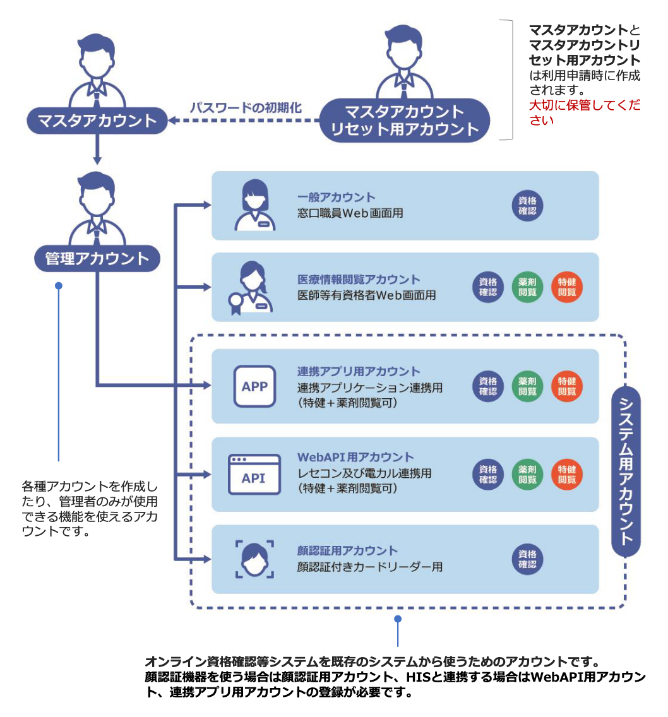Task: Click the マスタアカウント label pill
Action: click(x=97, y=120)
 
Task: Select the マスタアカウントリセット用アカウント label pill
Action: click(x=405, y=121)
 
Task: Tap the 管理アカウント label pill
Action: click(x=97, y=258)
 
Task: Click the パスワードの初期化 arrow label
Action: click(x=246, y=107)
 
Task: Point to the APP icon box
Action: click(x=254, y=386)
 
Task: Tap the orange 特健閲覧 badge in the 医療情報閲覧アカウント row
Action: click(x=567, y=288)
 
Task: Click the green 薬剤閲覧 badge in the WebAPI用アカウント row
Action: click(x=527, y=474)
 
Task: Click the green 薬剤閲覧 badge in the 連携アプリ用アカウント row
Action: click(x=527, y=386)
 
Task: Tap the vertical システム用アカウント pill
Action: click(x=626, y=471)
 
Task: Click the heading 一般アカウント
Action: click(x=336, y=198)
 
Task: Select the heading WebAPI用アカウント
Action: click(x=355, y=457)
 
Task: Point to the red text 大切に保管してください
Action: click(x=584, y=112)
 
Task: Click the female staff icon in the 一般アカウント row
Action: click(x=254, y=205)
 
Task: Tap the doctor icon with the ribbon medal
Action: click(x=251, y=288)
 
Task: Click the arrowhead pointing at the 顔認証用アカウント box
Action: click(x=207, y=559)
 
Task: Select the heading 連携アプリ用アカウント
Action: click(x=359, y=371)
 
